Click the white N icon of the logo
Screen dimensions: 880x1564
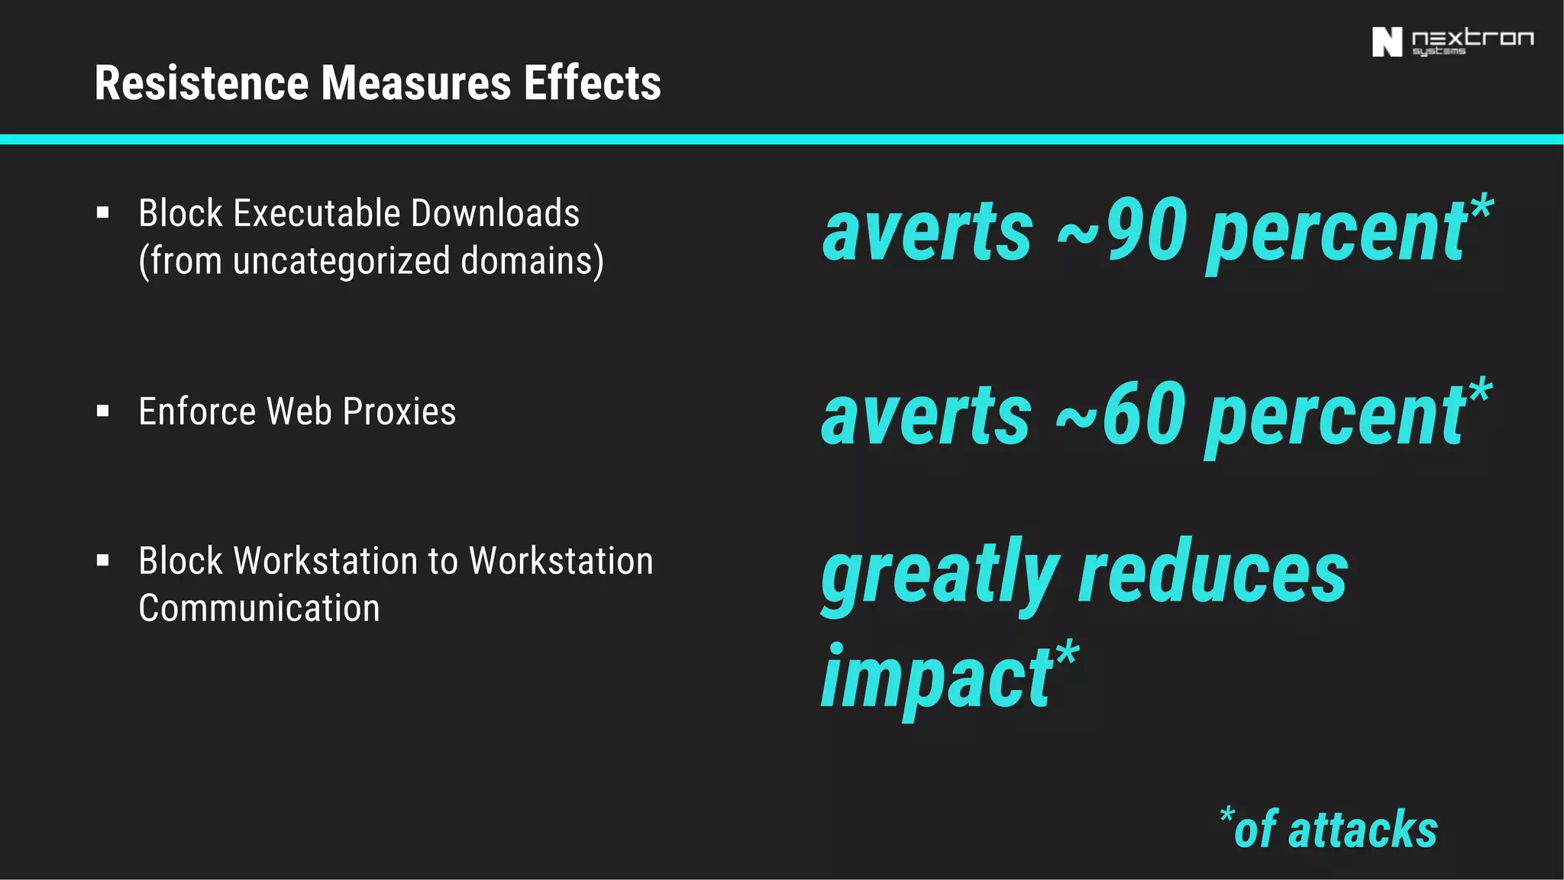pyautogui.click(x=1387, y=42)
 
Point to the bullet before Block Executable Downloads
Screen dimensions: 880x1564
pyautogui.click(x=103, y=212)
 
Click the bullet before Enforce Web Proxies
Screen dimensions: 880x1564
pyautogui.click(x=103, y=411)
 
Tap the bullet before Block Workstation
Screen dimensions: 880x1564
pyautogui.click(x=103, y=561)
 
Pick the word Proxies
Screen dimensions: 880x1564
pyautogui.click(x=399, y=412)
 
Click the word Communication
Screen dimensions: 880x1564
pyautogui.click(x=259, y=608)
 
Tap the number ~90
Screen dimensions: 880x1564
pyautogui.click(x=1122, y=230)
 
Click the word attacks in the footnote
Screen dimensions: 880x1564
pyautogui.click(x=1363, y=830)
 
